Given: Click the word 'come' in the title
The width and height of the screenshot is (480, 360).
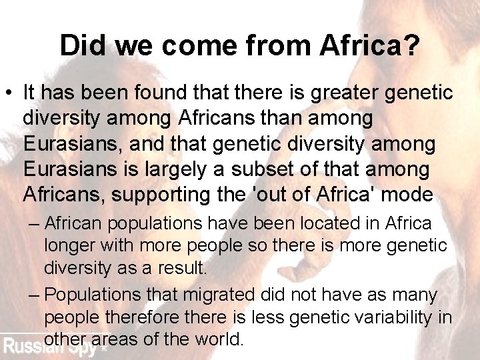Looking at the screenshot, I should (x=202, y=45).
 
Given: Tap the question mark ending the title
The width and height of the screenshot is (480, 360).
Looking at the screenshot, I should (x=409, y=45).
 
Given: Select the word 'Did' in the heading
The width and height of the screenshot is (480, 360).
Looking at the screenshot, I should (x=83, y=45).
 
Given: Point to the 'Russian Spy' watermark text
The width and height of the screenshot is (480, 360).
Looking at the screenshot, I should (x=53, y=346).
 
